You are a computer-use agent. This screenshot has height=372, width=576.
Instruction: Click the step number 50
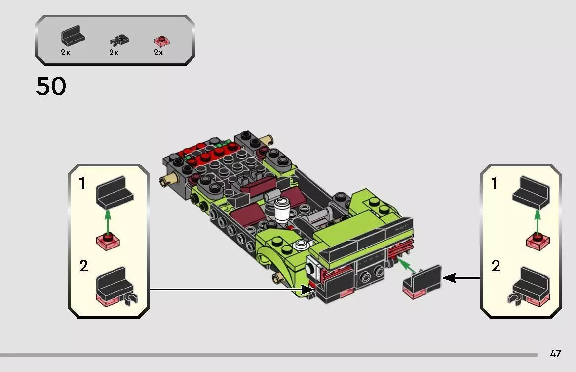51,87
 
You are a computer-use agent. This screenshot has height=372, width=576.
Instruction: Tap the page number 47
555,354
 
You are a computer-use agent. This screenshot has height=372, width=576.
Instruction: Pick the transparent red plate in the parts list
160,41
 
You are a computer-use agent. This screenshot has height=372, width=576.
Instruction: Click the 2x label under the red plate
158,53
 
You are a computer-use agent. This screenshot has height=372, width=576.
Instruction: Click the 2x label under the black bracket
65,53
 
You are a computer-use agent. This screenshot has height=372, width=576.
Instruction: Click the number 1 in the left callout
82,184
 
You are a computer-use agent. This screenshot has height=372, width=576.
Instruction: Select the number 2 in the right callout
496,267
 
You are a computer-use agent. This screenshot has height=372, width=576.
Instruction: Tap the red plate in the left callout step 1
109,241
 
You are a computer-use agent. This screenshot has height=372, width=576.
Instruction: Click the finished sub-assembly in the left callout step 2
115,287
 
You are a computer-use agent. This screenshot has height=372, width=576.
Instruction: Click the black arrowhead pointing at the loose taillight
448,278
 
